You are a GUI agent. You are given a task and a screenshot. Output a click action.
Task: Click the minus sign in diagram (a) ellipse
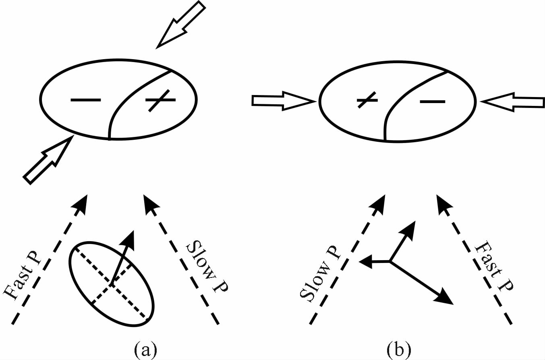[86, 99]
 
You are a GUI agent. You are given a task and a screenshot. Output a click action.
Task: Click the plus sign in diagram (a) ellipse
[160, 99]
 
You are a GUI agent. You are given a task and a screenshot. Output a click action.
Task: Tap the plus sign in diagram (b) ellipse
[367, 99]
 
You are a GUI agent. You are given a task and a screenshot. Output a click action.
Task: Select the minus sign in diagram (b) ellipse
[432, 101]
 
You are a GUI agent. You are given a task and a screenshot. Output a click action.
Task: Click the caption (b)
[399, 349]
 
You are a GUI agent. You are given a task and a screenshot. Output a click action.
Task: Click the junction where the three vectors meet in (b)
[390, 262]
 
